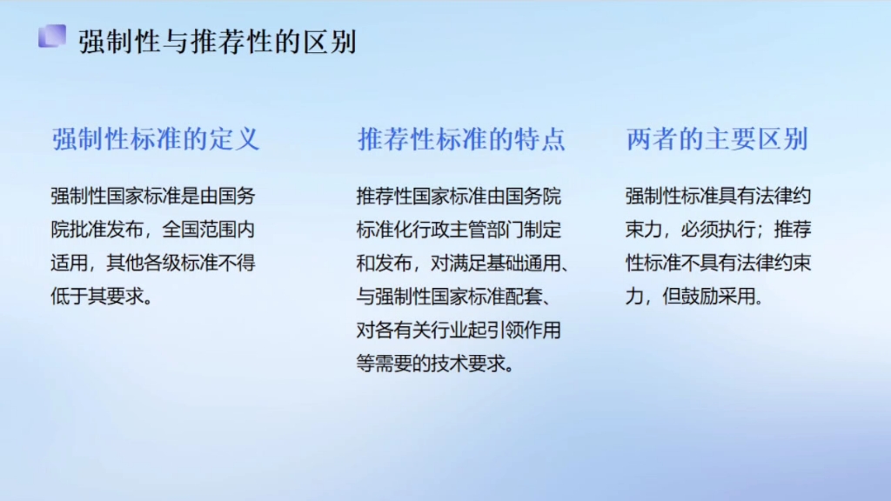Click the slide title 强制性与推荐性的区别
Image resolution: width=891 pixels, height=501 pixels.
[x=218, y=42]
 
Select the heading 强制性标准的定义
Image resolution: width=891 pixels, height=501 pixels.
[x=156, y=139]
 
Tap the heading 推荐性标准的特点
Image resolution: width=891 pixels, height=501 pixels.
[x=462, y=139]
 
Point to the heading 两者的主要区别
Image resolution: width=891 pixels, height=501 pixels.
[x=717, y=139]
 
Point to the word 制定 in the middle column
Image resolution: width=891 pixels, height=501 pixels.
[x=544, y=230]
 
